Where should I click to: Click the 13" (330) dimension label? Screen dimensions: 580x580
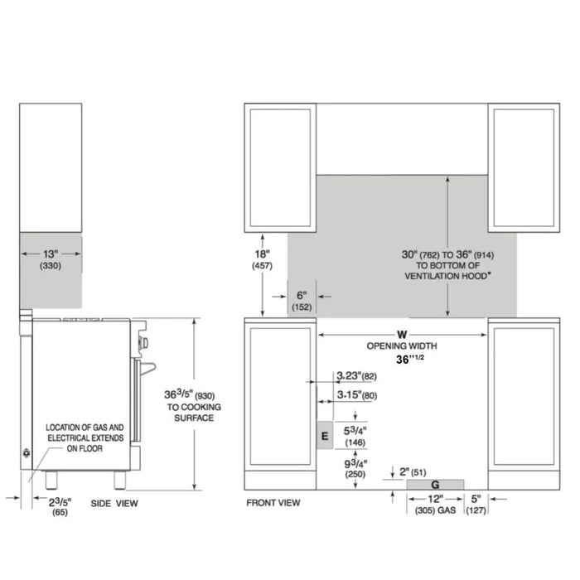click(50, 259)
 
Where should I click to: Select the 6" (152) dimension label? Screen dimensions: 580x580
click(301, 301)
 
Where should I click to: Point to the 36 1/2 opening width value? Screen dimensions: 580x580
click(407, 360)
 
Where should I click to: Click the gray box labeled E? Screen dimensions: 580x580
click(324, 435)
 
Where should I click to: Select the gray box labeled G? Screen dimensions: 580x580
click(436, 483)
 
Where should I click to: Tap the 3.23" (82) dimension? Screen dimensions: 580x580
click(357, 377)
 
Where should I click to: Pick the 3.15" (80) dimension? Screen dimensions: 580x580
click(357, 395)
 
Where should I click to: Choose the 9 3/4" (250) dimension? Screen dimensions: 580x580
click(357, 469)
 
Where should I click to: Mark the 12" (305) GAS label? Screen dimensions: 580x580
click(436, 505)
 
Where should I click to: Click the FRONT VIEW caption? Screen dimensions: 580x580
click(273, 503)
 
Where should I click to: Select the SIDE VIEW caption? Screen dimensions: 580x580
click(114, 503)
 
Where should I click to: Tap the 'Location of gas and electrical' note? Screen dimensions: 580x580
click(85, 435)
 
